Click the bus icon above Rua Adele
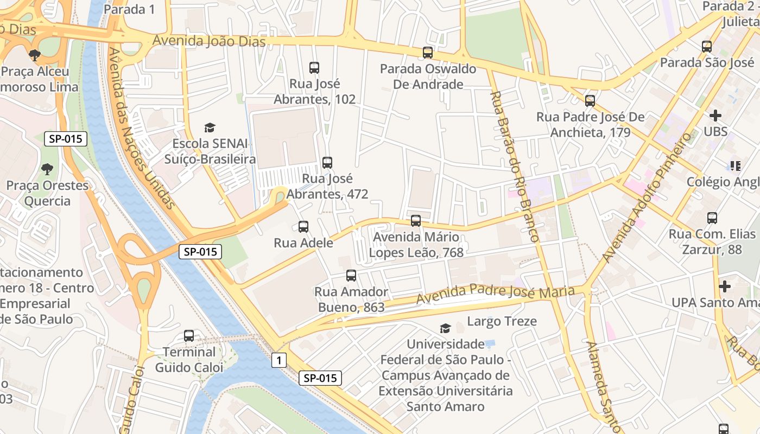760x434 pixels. [303, 227]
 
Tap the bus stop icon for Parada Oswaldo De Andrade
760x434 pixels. [428, 53]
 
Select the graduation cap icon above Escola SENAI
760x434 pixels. [210, 127]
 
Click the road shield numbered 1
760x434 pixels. [279, 360]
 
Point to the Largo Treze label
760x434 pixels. [502, 321]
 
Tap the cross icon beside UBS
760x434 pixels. [715, 116]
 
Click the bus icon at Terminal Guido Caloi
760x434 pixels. [189, 336]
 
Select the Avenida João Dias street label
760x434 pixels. [209, 41]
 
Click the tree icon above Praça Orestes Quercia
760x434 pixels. [47, 169]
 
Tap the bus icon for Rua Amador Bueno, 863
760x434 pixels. [351, 276]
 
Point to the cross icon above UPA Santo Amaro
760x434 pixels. [724, 286]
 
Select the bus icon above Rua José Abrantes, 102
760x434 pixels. [314, 68]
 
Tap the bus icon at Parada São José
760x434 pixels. [706, 47]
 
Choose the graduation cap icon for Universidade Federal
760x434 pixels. [445, 328]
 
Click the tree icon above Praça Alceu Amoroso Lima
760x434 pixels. [35, 55]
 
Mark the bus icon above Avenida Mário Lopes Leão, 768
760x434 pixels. [416, 221]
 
